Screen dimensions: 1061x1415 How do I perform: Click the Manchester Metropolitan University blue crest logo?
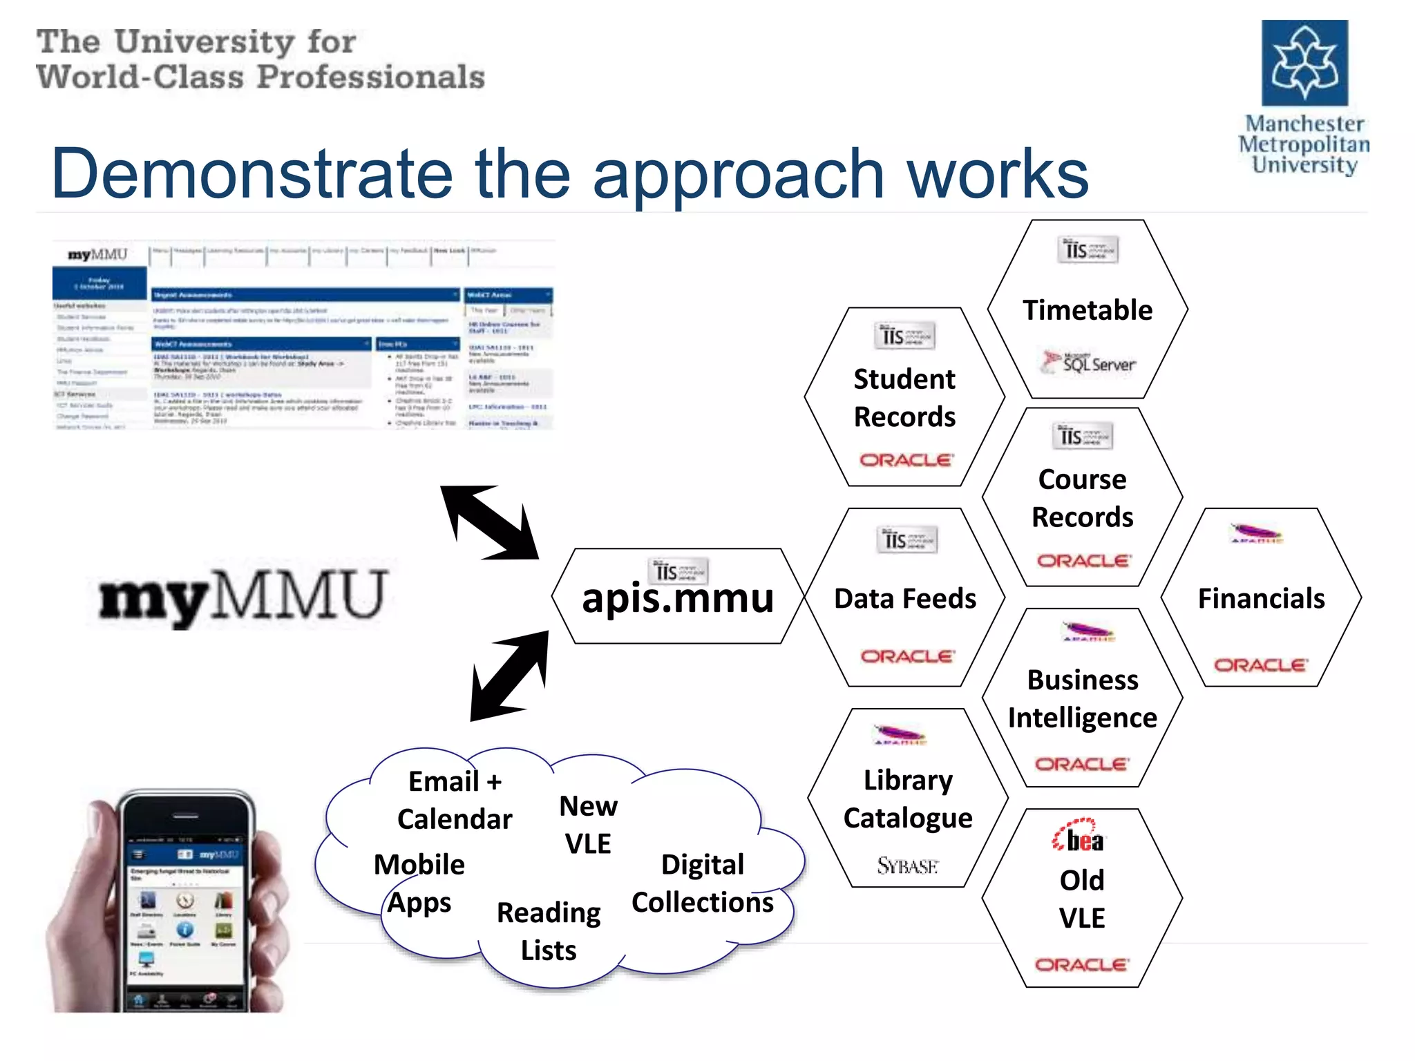coord(1304,63)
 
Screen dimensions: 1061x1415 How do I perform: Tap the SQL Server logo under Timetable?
coord(1090,363)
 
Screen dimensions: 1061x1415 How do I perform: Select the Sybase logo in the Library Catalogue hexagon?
coord(908,865)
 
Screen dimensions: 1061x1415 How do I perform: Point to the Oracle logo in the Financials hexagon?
coord(1261,665)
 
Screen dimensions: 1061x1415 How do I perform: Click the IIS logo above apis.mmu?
coord(678,571)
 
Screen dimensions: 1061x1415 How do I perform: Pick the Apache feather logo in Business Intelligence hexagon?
coord(1088,631)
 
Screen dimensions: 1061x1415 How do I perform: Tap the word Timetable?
coord(1088,310)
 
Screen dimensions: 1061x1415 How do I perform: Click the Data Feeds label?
coord(905,598)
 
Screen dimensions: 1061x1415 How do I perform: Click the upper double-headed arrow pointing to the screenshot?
coord(490,522)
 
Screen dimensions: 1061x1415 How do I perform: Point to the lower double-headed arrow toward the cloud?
coord(510,676)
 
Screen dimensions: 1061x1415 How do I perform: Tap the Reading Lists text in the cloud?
coord(549,931)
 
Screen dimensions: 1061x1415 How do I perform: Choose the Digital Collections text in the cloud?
coord(702,883)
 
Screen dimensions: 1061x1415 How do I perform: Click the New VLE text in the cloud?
coord(588,824)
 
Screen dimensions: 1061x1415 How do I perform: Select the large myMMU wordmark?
coord(243,595)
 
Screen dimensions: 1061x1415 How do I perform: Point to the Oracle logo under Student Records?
coord(906,459)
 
